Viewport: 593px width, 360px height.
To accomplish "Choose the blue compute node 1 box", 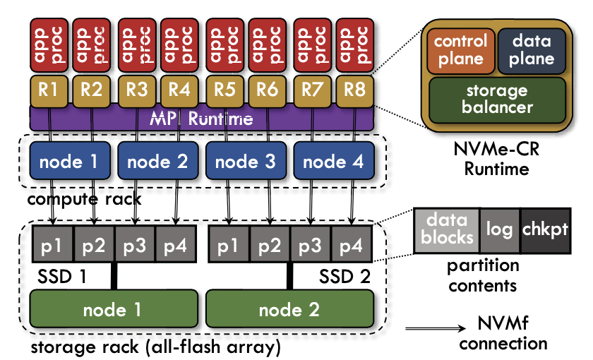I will [68, 162].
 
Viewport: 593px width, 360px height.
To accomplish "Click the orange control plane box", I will [460, 51].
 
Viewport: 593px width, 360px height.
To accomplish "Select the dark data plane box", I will [532, 51].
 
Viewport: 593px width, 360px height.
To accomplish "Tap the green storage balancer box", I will [497, 100].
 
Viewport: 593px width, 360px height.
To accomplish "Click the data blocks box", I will [446, 230].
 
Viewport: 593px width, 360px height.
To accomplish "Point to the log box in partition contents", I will [499, 230].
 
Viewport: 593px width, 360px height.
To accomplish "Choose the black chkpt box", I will [545, 230].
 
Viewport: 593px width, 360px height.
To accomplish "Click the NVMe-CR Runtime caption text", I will [495, 159].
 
